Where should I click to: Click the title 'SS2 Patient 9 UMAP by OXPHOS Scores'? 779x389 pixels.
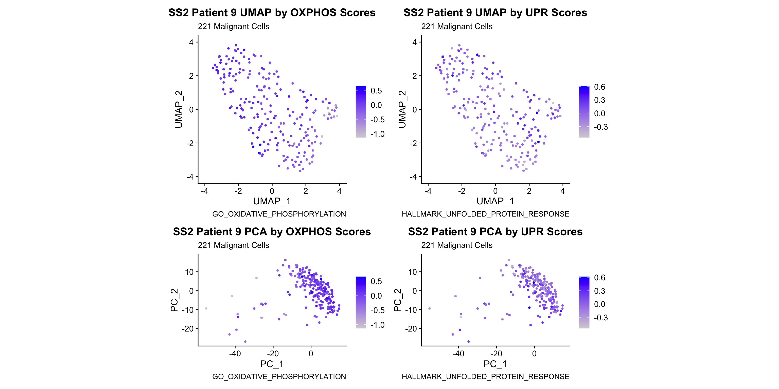point(272,13)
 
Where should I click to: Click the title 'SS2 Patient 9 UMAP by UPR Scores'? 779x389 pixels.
point(495,13)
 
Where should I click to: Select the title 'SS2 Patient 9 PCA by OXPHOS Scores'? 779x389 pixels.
point(272,232)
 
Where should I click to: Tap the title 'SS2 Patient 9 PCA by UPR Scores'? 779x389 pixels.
point(495,232)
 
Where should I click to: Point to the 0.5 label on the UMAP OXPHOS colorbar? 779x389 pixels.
point(376,91)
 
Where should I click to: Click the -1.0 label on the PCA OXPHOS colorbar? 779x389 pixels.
point(377,325)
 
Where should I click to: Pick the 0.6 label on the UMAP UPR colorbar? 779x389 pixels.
point(599,87)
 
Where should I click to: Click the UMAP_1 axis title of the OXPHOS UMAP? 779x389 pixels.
point(272,201)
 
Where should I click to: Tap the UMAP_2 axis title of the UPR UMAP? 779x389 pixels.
point(402,109)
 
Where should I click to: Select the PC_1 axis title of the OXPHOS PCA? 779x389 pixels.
point(272,364)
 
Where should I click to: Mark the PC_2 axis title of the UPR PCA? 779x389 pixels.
point(397,300)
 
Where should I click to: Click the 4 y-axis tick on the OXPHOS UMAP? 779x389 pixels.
point(191,42)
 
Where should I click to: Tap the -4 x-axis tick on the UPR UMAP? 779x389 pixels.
point(428,191)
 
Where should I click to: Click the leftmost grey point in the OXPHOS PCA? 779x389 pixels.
point(206,308)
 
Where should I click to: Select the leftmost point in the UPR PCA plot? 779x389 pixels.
point(429,308)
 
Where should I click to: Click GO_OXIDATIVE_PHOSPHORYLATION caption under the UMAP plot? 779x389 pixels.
point(279,214)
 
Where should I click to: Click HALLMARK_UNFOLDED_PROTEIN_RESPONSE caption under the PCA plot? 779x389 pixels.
point(485,377)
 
